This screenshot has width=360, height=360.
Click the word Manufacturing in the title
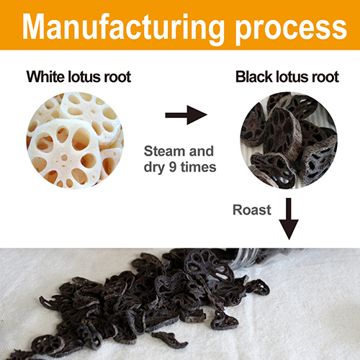(123, 29)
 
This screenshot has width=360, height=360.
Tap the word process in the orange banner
(291, 31)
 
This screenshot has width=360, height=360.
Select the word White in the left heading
(45, 76)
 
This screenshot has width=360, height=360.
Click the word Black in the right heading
(254, 77)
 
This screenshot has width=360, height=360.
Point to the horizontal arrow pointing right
(186, 115)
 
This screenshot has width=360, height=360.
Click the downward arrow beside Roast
(289, 219)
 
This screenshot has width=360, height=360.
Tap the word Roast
(252, 210)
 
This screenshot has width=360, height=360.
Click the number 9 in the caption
(173, 167)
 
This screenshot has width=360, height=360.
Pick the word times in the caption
(198, 167)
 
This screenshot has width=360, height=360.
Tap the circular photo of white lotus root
(75, 140)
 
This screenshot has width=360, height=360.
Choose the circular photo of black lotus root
(289, 140)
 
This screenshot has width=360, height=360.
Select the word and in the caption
(202, 151)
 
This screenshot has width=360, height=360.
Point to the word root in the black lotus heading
(325, 77)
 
